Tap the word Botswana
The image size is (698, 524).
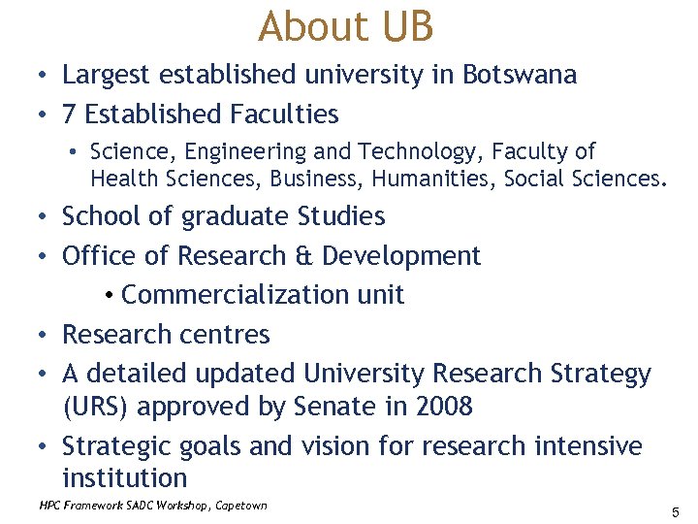pyautogui.click(x=520, y=75)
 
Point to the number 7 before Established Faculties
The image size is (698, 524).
pyautogui.click(x=69, y=115)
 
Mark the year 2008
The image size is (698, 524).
pyautogui.click(x=442, y=407)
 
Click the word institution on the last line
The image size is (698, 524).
pyautogui.click(x=124, y=478)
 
